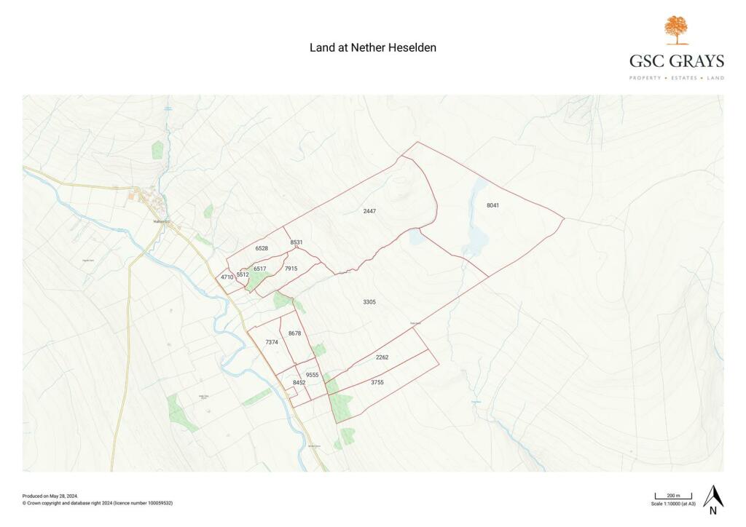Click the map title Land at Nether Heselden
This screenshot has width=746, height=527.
coord(373,47)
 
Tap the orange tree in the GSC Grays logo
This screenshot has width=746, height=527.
coord(676,30)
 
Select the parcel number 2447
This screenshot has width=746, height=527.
coord(369,211)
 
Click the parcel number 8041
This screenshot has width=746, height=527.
coord(493,205)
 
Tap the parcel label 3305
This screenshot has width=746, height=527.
coord(369,301)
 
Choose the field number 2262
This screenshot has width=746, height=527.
coord(382,357)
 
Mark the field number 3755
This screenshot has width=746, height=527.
coord(377,382)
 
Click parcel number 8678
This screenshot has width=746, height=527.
coord(294,333)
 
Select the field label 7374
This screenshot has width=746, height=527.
coord(272,342)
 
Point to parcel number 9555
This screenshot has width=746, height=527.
coord(312,375)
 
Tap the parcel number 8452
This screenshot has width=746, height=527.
coord(299,383)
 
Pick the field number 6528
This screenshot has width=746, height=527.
coord(262,249)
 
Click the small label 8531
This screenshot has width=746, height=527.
coord(296,242)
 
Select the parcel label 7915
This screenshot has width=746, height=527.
coord(291,269)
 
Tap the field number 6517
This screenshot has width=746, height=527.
coord(259,269)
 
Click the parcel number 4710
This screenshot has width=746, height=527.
coord(227,277)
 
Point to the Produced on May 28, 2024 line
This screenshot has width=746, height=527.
coord(50,496)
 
